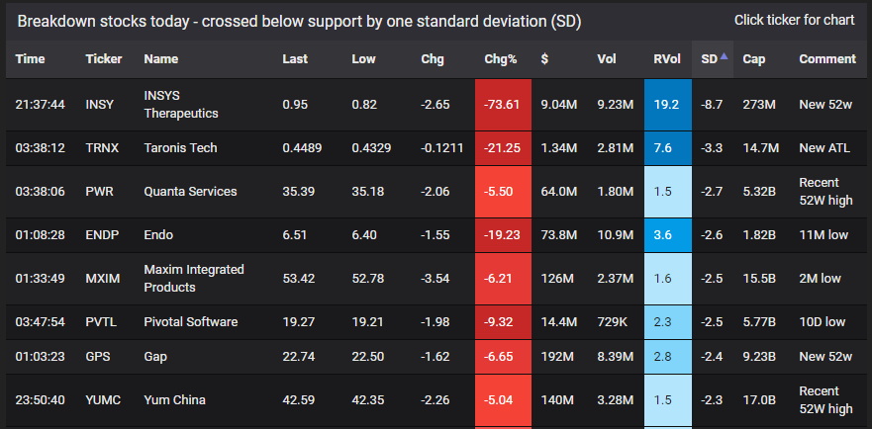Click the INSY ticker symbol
coord(100,104)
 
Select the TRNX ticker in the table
coord(102,148)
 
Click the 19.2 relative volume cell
coord(663,104)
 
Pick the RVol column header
coord(666,59)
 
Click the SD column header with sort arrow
coord(714,59)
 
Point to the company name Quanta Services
coord(190,192)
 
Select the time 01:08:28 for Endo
coord(41,235)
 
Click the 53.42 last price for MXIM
coord(299,279)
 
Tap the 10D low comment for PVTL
coord(823,322)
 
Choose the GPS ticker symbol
coord(98,357)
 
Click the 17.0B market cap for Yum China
coord(758,399)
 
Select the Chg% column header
coord(501,59)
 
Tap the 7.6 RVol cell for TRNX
coord(663,148)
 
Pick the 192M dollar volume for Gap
coord(557,357)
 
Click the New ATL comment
coord(824,148)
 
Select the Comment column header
coord(827,59)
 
